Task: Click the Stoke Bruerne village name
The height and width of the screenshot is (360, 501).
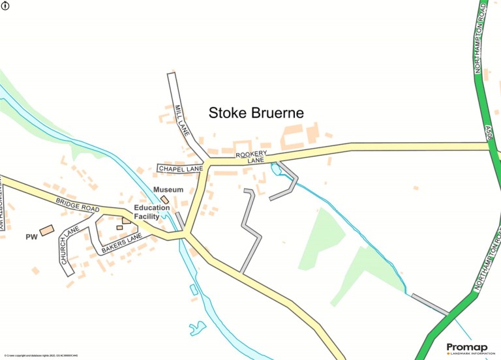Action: (256, 113)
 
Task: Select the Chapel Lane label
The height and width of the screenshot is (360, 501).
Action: (181, 169)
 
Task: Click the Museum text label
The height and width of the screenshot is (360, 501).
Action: (168, 190)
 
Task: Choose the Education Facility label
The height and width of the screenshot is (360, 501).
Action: (151, 212)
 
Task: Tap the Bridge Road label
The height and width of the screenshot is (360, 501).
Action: (76, 204)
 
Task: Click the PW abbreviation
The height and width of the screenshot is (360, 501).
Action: (31, 236)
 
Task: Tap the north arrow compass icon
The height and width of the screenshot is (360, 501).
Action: (6, 5)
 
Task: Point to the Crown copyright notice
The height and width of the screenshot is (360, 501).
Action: (40, 355)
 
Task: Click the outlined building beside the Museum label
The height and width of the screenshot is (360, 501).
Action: (165, 199)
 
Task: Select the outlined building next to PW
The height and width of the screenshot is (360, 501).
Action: (46, 230)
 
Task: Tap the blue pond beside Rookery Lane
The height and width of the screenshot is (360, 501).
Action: (275, 170)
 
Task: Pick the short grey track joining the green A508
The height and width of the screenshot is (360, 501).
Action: (431, 305)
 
